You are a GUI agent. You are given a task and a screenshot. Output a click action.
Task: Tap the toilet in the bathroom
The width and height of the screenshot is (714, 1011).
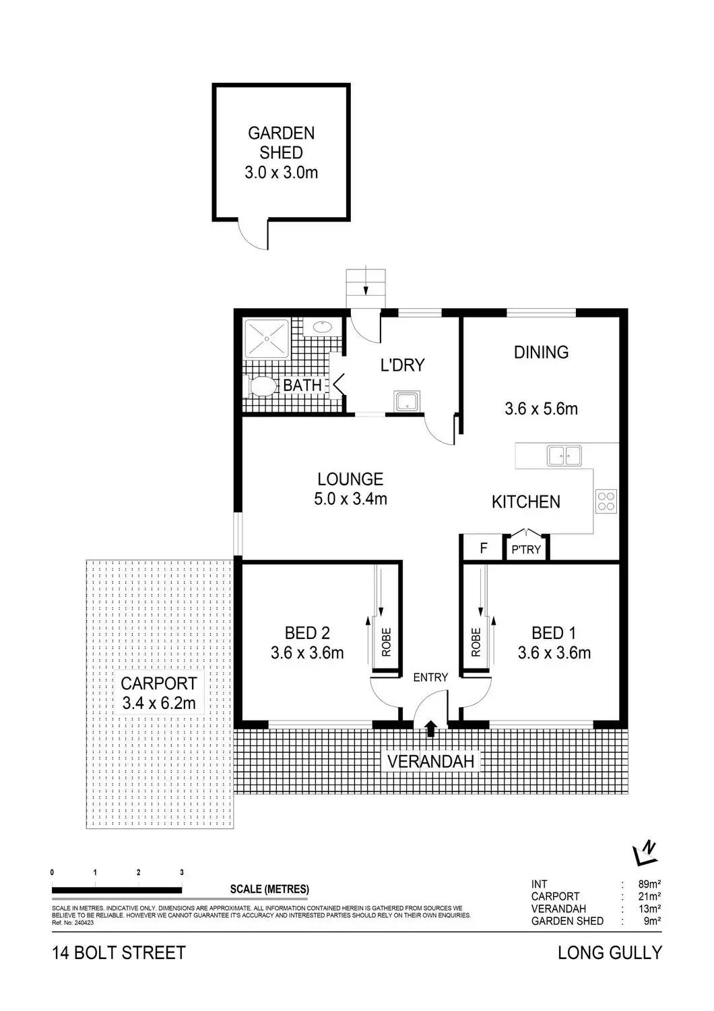click(x=263, y=387)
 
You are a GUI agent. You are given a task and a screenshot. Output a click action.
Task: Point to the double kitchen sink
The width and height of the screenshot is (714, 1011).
click(x=564, y=456)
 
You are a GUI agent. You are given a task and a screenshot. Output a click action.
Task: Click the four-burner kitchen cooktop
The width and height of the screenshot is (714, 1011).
click(x=606, y=500)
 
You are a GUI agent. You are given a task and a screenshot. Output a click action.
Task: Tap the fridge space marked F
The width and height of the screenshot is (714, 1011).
click(x=483, y=548)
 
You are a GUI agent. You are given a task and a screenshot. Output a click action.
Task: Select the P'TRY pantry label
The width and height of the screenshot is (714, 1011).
click(x=526, y=549)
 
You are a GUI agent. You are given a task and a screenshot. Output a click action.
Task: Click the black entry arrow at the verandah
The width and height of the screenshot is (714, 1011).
click(x=431, y=726)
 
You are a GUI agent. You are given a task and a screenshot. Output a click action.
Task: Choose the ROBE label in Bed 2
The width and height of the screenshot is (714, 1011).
click(x=386, y=642)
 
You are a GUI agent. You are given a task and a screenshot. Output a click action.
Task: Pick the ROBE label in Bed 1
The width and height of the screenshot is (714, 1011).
click(x=476, y=642)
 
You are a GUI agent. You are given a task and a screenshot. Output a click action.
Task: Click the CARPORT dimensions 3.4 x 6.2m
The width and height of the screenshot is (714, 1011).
click(x=159, y=704)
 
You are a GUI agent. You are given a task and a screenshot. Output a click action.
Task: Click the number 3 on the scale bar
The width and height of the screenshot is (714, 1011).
click(x=182, y=872)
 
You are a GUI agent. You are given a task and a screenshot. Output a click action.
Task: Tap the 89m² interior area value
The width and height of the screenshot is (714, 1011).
click(x=649, y=884)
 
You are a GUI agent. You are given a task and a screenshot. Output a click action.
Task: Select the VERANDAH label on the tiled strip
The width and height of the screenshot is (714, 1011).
click(x=431, y=762)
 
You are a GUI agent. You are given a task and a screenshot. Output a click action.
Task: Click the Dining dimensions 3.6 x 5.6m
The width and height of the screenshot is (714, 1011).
click(x=541, y=408)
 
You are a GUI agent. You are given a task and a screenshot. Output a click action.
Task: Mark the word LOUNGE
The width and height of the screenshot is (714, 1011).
click(x=350, y=479)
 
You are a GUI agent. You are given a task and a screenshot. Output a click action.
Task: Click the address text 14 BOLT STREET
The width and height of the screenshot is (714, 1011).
click(x=119, y=953)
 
